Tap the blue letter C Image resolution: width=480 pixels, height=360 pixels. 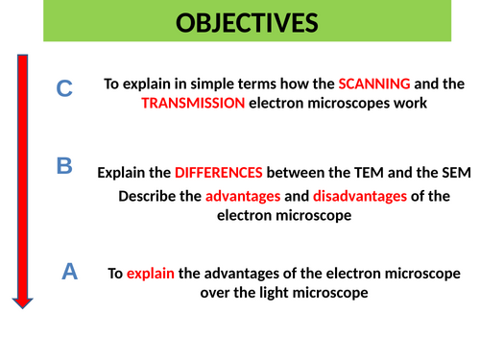(64, 89)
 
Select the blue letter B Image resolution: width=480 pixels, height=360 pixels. (64, 166)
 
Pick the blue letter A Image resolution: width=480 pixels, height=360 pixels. (69, 272)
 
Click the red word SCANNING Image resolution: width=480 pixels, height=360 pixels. (373, 84)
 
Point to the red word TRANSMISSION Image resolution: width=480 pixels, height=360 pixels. (192, 104)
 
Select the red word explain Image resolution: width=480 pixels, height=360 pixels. (150, 273)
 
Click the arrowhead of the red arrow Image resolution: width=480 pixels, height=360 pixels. (22, 301)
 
